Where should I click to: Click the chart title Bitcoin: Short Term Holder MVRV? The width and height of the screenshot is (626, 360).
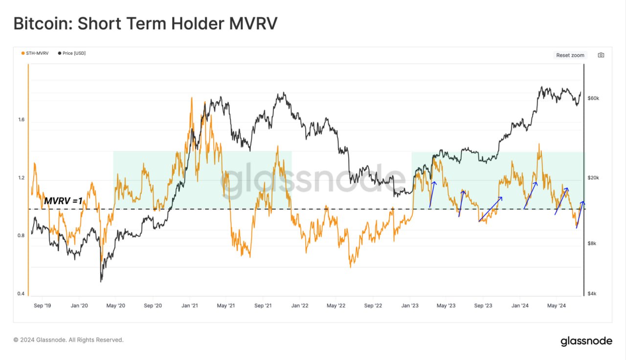pos(145,23)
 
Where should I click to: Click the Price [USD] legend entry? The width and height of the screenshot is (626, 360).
pos(73,53)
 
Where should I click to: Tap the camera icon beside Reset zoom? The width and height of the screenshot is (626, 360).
pos(601,55)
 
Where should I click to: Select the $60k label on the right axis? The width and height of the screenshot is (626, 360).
pos(593,98)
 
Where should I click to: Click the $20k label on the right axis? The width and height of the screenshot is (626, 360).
pos(593,178)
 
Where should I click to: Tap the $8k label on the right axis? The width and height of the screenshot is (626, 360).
pos(592,244)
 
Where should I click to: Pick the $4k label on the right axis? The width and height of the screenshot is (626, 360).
pos(592,293)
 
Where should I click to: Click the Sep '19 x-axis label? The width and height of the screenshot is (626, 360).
pos(42,306)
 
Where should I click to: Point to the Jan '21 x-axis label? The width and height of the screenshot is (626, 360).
pos(189,306)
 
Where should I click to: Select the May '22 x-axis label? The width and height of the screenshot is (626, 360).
pos(336,306)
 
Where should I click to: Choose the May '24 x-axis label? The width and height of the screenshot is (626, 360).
pos(556,306)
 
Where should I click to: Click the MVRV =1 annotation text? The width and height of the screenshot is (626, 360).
pos(63,201)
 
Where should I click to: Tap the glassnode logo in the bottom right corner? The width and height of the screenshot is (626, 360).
pos(586,341)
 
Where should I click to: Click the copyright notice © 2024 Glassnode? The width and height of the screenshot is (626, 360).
pos(68,339)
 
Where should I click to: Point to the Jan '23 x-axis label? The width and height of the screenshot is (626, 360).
pos(409,306)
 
